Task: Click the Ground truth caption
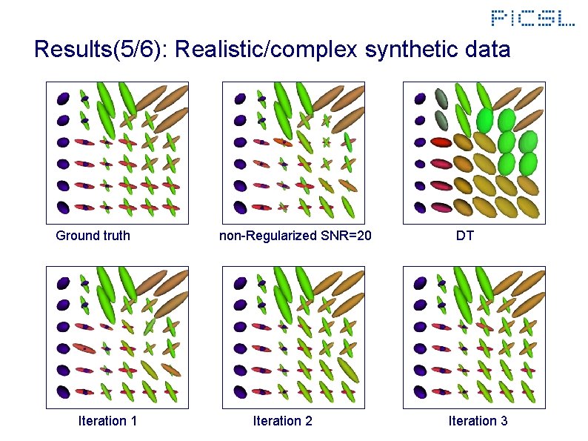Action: (x=93, y=236)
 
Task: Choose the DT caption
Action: (x=465, y=236)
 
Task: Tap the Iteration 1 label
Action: (x=107, y=421)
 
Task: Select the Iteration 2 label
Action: (x=282, y=421)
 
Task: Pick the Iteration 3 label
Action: (x=478, y=421)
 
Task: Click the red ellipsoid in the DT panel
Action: (x=441, y=142)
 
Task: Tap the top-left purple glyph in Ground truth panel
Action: (x=63, y=98)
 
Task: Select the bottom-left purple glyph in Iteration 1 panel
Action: (x=63, y=391)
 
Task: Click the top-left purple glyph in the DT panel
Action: (x=421, y=97)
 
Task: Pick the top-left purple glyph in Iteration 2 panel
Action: (x=241, y=282)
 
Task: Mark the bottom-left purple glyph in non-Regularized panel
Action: (x=241, y=207)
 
